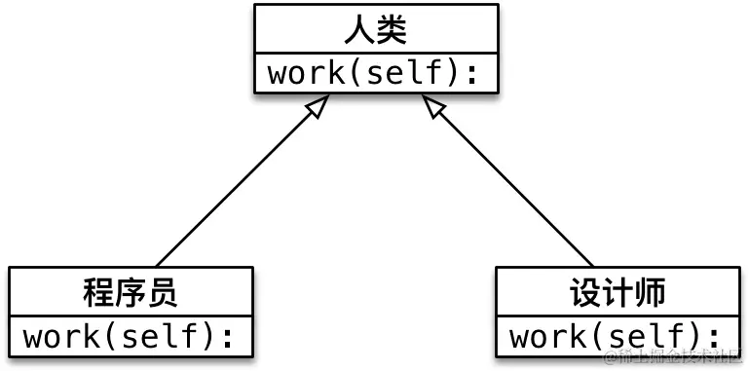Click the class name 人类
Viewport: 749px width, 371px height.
(375, 29)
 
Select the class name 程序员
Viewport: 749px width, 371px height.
(131, 291)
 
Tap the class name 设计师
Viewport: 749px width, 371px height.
(618, 291)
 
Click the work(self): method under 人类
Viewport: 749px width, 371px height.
(375, 74)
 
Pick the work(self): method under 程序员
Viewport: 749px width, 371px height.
(131, 337)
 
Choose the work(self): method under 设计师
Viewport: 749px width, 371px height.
(618, 337)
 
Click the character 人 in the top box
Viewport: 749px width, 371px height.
(357, 29)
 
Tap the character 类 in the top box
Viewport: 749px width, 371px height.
(392, 29)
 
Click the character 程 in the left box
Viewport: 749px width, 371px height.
(98, 291)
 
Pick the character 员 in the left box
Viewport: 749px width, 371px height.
(163, 291)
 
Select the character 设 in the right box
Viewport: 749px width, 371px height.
(585, 291)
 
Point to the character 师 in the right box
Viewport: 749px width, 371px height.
(650, 291)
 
